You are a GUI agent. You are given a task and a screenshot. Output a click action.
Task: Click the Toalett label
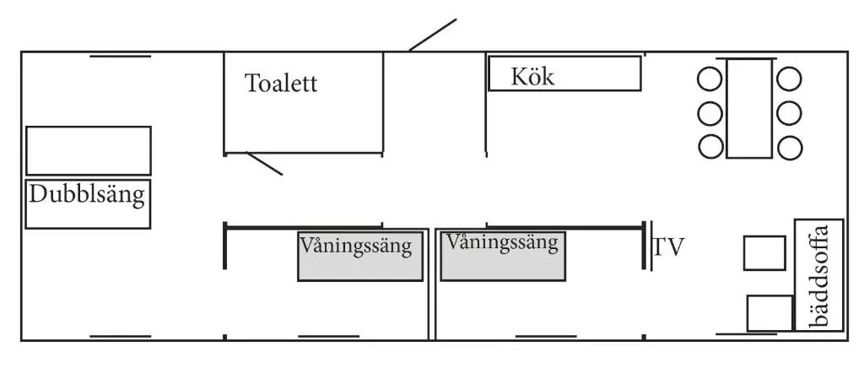[281, 84]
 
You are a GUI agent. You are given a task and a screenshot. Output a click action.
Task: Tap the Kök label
[532, 77]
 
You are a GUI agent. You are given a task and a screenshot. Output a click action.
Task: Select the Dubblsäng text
[88, 196]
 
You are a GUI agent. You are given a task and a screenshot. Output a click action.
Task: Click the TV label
[668, 247]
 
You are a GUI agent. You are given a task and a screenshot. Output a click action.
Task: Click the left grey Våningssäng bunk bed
[359, 257]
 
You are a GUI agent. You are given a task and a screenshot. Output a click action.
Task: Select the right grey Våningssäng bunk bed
[503, 255]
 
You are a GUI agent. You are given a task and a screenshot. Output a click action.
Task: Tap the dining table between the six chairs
[749, 108]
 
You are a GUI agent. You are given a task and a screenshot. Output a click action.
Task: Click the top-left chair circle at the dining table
[710, 79]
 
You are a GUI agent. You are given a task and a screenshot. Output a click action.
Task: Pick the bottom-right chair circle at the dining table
[789, 147]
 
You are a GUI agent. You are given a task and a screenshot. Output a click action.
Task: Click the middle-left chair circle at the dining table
[710, 113]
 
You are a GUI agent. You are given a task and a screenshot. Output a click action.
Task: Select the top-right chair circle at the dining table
[789, 79]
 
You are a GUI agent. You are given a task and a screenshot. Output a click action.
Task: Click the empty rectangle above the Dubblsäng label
[88, 150]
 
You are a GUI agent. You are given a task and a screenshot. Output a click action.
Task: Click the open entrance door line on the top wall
[433, 35]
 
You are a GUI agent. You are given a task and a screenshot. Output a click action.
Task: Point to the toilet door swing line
[264, 164]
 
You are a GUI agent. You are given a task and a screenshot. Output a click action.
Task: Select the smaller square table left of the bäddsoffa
[764, 253]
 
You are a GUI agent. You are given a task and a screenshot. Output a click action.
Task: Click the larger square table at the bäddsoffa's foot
[769, 313]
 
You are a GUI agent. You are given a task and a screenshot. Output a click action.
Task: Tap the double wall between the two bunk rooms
[432, 283]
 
